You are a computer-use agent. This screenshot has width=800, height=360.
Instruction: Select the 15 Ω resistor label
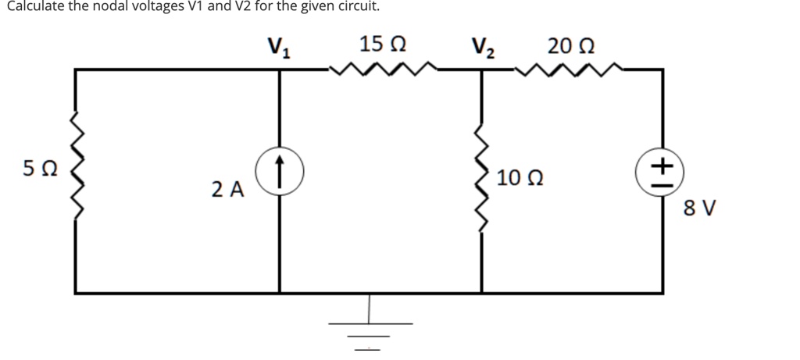383,44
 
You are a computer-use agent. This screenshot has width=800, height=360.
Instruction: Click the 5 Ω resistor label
38,169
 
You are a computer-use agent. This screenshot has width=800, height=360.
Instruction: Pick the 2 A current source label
227,189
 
